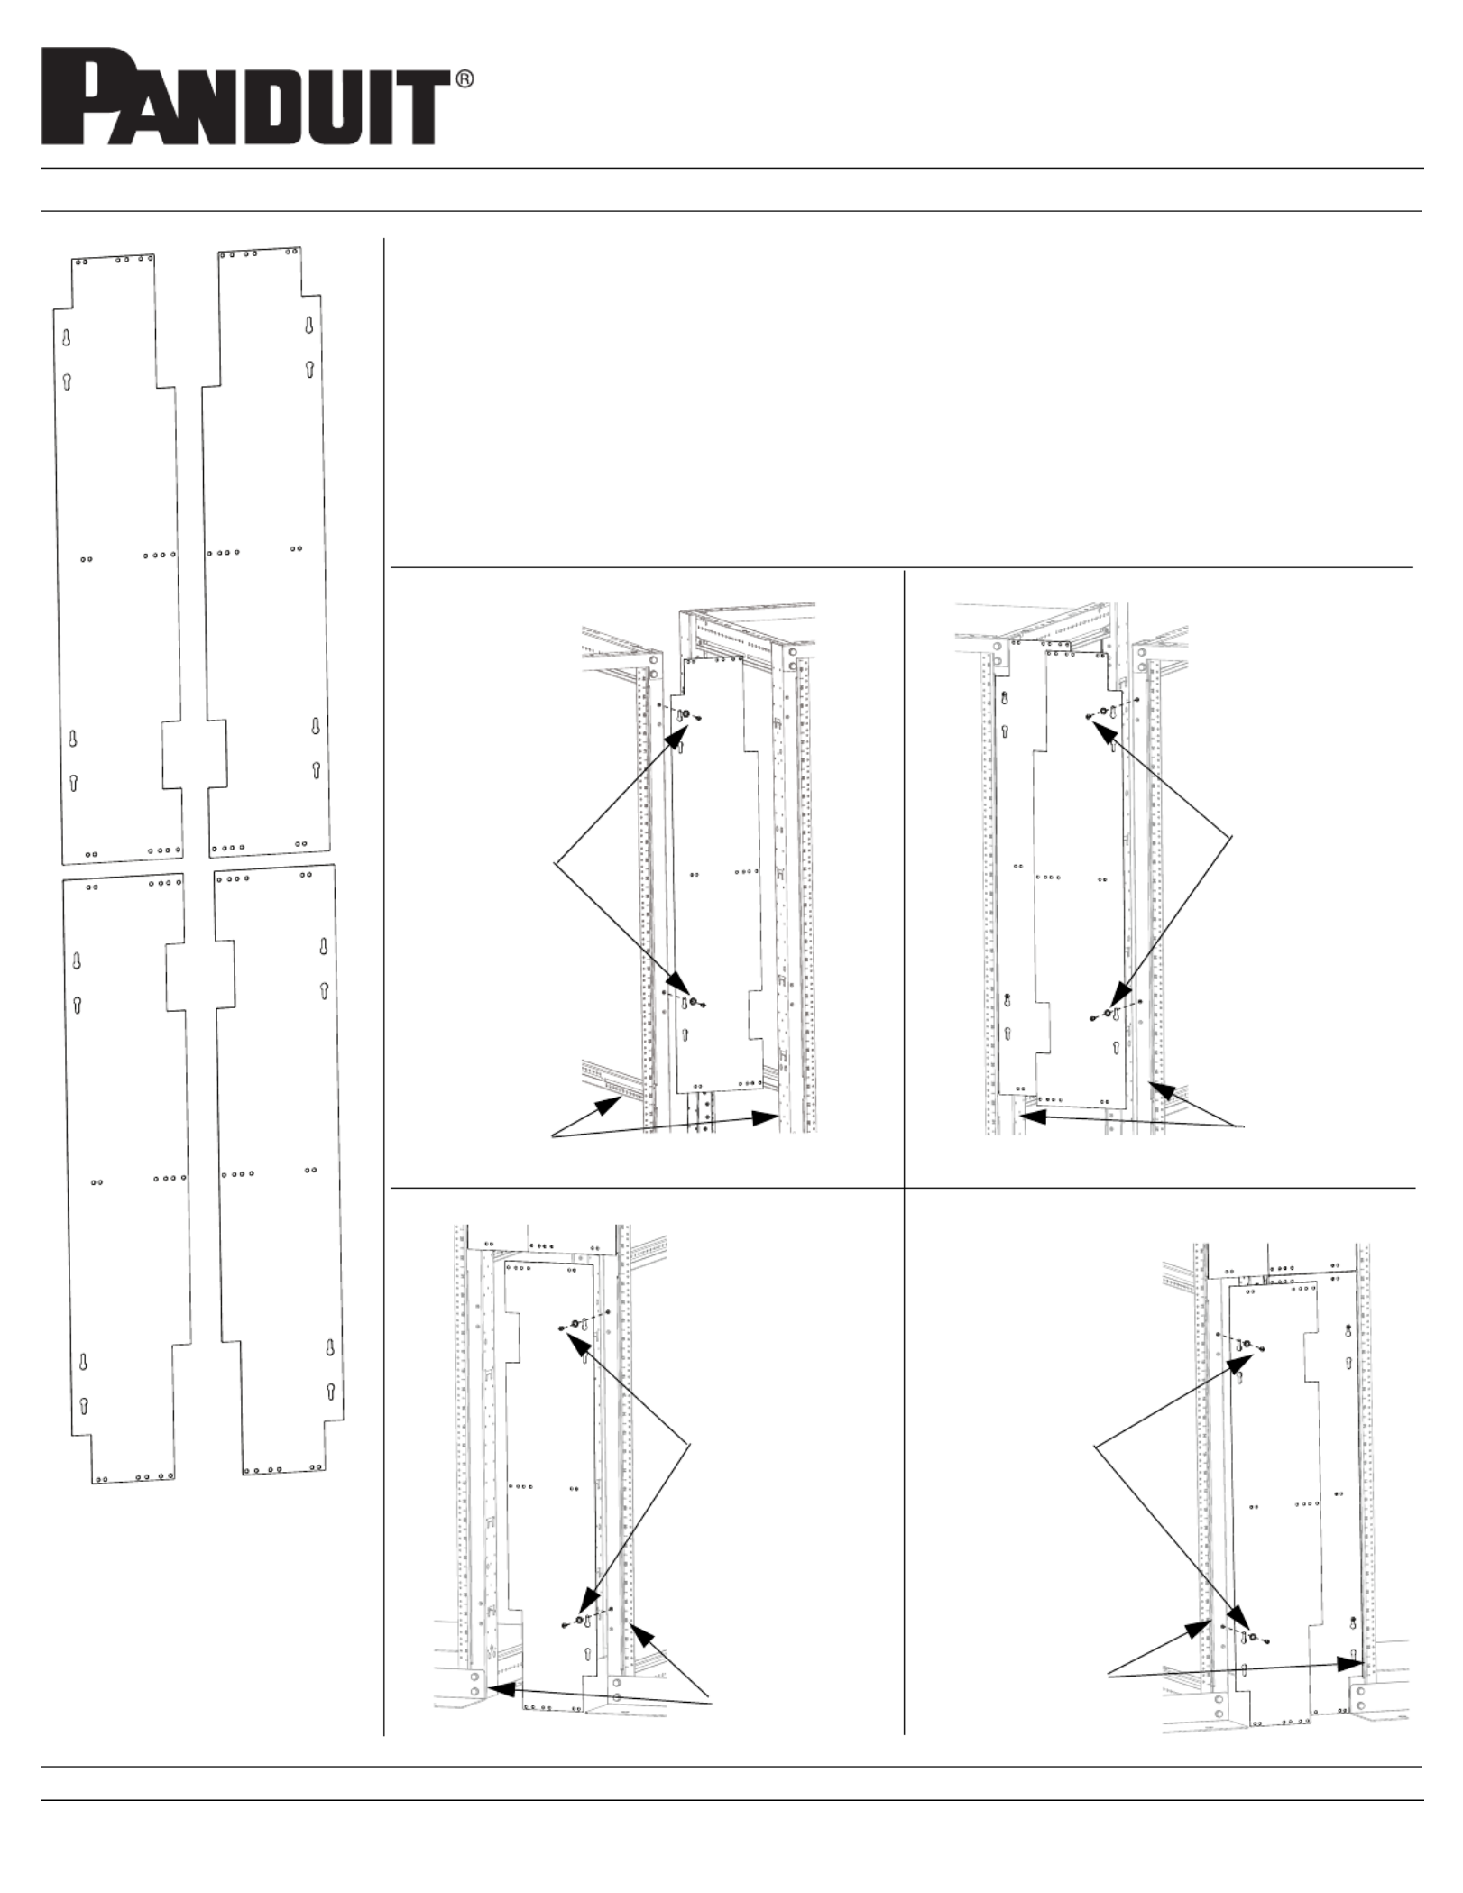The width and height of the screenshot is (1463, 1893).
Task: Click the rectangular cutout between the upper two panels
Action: pyautogui.click(x=194, y=754)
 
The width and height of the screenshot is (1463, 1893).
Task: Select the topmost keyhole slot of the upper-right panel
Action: pyautogui.click(x=308, y=326)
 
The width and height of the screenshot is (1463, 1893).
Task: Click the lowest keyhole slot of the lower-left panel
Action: pyautogui.click(x=85, y=1406)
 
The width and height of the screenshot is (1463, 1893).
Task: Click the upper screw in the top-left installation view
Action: pyautogui.click(x=685, y=715)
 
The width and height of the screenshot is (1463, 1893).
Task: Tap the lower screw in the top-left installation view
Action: pyautogui.click(x=685, y=1002)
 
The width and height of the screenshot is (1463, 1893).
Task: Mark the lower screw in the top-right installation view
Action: pyautogui.click(x=1108, y=1014)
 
